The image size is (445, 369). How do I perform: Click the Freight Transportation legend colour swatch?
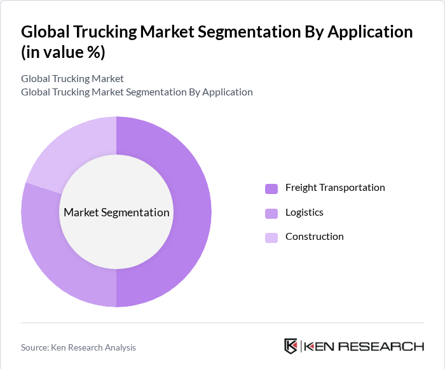(271, 188)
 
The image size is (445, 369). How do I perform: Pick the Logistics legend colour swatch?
(271, 213)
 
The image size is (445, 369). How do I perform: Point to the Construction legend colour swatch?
(271, 237)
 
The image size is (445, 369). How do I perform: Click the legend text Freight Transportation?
(335, 188)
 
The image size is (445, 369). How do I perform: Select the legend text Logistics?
(305, 212)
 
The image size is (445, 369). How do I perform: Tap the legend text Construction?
(314, 237)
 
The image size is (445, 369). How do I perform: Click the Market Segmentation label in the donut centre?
(116, 212)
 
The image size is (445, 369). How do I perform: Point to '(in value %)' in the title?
(63, 53)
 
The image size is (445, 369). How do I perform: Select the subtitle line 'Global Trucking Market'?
(72, 79)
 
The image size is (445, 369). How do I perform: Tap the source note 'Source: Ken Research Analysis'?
(78, 347)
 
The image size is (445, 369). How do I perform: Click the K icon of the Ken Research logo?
(291, 346)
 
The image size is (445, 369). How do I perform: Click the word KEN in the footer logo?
(320, 347)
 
